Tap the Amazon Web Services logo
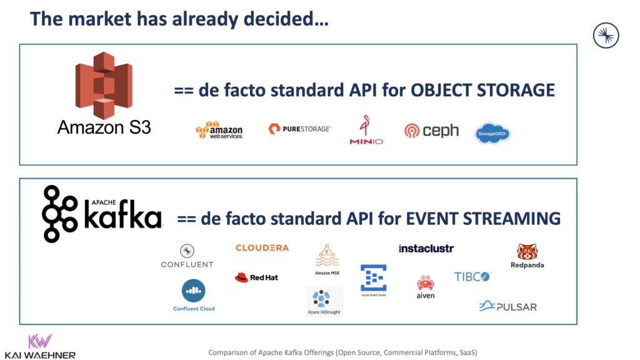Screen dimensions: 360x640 pos(219,129)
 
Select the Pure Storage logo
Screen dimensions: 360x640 pos(299,129)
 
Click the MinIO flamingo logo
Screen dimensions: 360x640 pos(366,129)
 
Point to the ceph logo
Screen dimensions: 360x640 pos(431,131)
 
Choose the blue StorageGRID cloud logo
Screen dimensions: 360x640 pos(492,132)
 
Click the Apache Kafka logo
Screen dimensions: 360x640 pos(102,214)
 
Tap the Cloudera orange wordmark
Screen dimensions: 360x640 pos(262,247)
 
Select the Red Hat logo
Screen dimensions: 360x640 pos(256,277)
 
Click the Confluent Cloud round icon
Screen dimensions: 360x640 pos(194,290)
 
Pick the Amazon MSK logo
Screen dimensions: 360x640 pos(327,258)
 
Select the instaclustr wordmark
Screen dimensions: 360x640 pos(426,248)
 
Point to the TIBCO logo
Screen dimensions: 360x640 pos(472,276)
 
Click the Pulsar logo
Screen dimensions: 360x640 pos(507,306)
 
